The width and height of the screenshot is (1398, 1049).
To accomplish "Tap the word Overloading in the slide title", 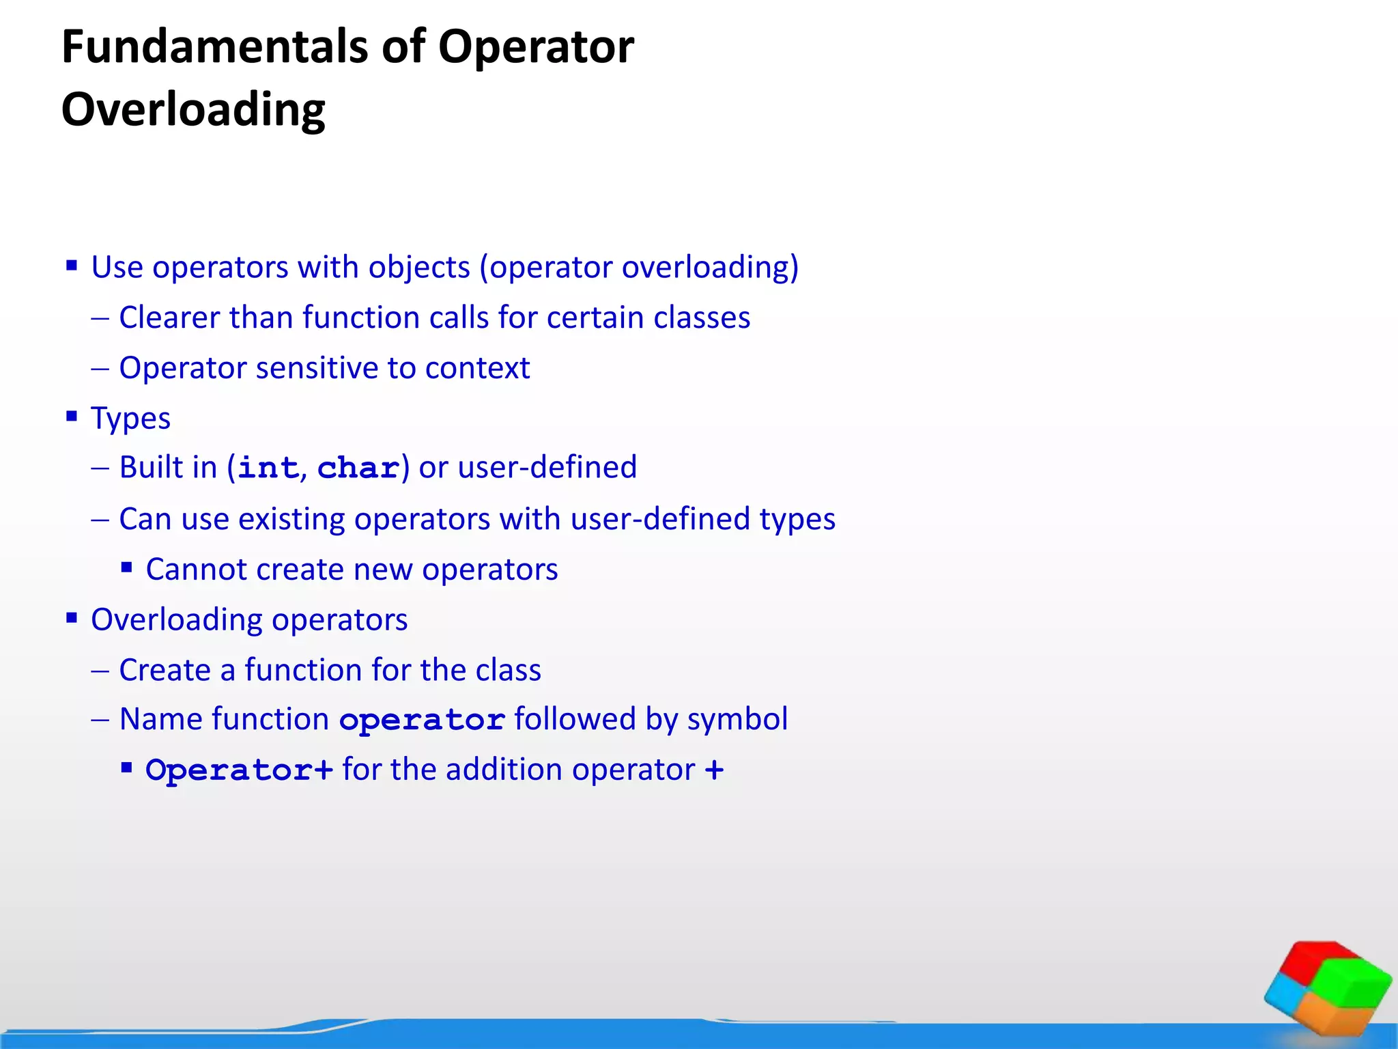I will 193,110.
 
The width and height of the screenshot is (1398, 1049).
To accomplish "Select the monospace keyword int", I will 268,468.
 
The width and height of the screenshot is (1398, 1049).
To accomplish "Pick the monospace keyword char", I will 358,468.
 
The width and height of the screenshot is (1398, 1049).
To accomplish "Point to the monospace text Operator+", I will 239,771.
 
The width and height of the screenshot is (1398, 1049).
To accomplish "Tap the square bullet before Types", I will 72,415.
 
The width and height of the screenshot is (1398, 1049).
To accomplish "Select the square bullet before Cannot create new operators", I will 126,566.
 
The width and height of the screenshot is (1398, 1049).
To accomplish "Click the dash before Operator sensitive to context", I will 100,369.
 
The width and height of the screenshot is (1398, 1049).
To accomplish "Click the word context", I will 477,369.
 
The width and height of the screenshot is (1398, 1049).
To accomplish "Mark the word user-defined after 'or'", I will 547,468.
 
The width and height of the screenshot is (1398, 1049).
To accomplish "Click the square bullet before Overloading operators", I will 72,617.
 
